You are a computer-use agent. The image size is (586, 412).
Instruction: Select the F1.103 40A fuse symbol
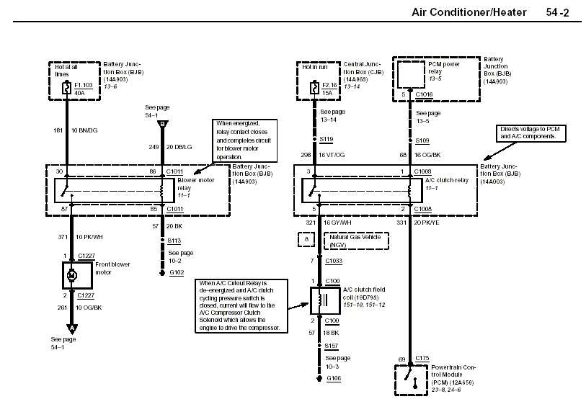(66, 86)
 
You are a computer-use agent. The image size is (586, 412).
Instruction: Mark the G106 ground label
(334, 377)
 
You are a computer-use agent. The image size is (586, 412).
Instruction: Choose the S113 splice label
(174, 241)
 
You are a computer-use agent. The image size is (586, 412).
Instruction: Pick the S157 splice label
(332, 346)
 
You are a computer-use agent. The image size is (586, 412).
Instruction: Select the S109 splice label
(422, 138)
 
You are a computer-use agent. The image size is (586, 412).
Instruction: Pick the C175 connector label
(422, 358)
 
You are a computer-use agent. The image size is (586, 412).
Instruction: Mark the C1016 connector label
(423, 94)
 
